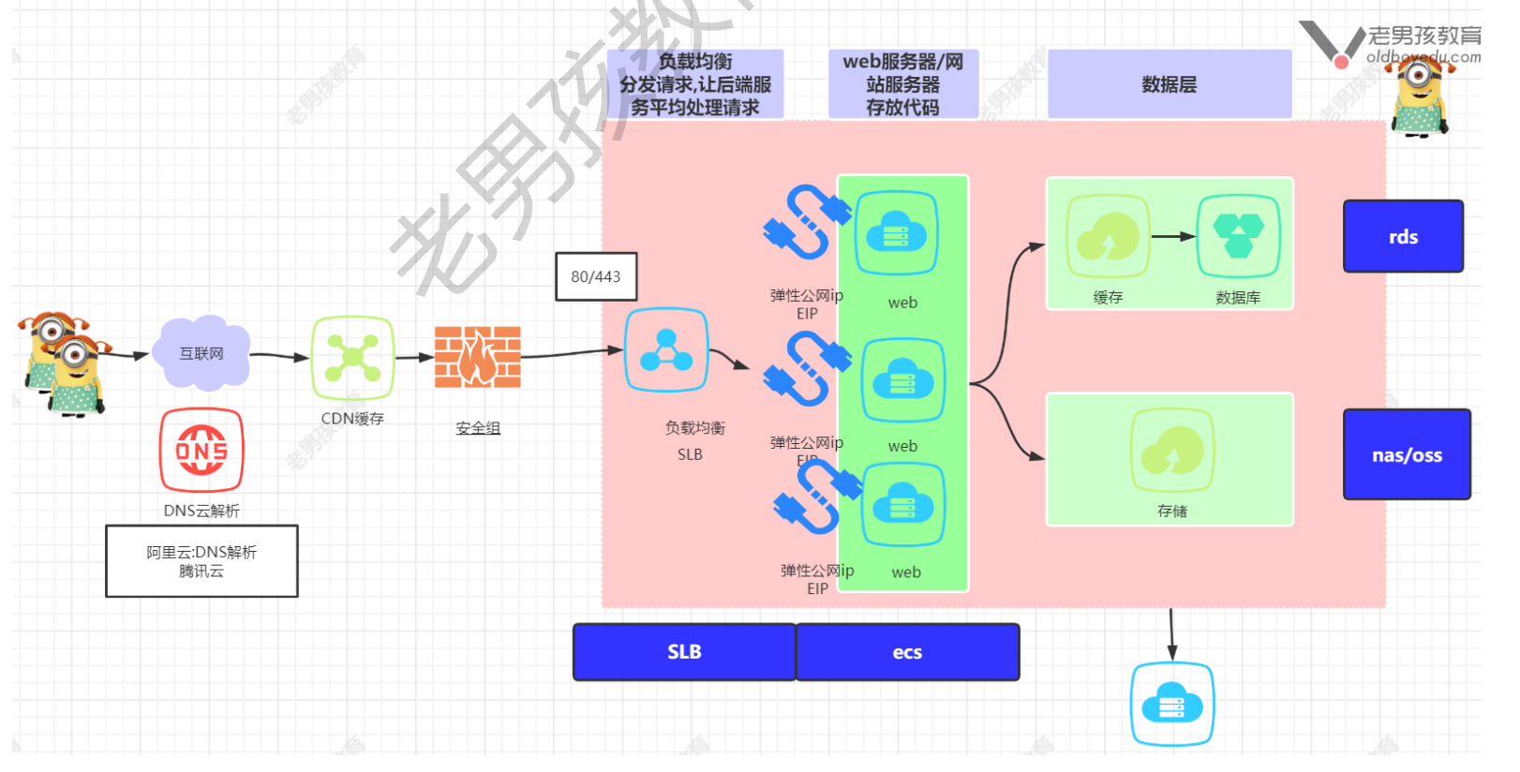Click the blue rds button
(x=1403, y=236)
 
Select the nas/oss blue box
(x=1407, y=454)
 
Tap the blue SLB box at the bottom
(x=684, y=652)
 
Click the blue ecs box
(x=907, y=652)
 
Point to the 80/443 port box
(x=596, y=276)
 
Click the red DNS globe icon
(x=201, y=451)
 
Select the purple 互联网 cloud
(x=202, y=353)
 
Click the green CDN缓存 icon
(x=352, y=358)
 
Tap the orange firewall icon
(x=478, y=357)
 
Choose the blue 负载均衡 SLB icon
(x=666, y=350)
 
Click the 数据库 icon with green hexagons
(x=1238, y=236)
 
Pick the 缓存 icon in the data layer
(x=1108, y=236)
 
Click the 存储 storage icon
(x=1172, y=451)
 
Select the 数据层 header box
(x=1170, y=84)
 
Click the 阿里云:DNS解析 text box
(x=201, y=561)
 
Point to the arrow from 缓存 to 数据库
(x=1173, y=236)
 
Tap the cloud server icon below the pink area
(x=1172, y=705)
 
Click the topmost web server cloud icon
(x=896, y=233)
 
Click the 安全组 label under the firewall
(x=478, y=428)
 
